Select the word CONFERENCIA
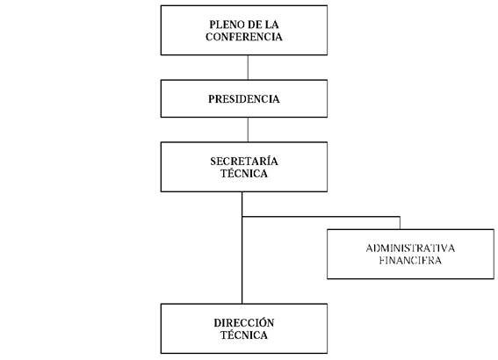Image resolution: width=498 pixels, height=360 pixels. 244,37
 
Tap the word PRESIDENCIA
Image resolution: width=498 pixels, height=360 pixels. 244,99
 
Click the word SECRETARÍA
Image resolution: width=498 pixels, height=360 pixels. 244,161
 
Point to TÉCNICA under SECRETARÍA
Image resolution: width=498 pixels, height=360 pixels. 244,173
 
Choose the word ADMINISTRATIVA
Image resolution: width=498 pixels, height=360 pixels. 410,248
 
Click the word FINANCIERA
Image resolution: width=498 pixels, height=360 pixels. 410,260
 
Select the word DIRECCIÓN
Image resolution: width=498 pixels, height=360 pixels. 244,322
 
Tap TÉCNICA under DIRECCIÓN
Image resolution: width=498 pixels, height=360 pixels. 244,335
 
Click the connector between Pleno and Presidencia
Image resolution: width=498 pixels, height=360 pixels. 248,68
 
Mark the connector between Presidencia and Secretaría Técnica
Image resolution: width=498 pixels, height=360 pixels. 248,130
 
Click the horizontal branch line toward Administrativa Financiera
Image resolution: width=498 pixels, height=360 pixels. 321,217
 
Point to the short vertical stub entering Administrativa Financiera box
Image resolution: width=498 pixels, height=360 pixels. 400,223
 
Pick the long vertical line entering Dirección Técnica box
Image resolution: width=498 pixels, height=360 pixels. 242,248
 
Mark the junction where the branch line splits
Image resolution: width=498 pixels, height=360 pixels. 242,217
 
